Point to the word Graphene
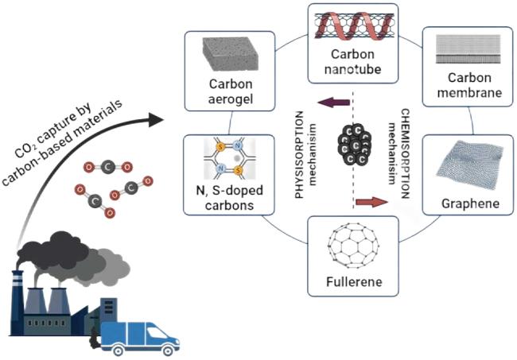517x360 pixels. (468, 204)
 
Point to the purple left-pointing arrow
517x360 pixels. (328, 101)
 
